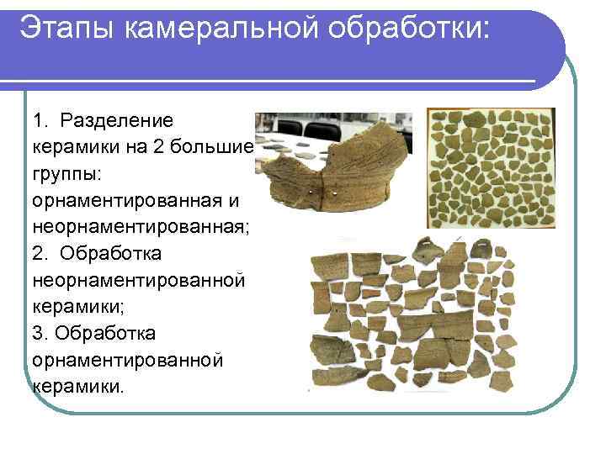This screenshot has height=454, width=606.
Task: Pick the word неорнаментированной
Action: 138,280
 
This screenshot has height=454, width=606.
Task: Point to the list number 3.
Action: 40,333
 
